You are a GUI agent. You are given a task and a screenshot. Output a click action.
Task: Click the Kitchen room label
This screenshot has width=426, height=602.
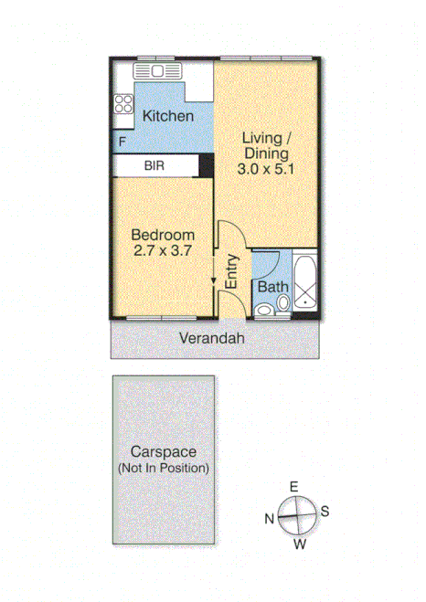pos(167,116)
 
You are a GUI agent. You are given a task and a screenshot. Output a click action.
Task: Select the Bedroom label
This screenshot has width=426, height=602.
pos(162,235)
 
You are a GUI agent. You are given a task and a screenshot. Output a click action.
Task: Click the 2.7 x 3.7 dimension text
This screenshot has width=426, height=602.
pos(162,250)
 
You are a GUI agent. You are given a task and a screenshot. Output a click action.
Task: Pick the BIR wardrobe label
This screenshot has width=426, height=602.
pos(154,165)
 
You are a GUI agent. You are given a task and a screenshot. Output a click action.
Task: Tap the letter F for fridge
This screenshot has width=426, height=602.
pos(122,142)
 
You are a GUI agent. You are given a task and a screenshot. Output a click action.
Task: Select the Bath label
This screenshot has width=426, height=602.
pos(272,287)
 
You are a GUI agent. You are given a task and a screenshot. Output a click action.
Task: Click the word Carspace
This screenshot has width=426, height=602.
pos(163,451)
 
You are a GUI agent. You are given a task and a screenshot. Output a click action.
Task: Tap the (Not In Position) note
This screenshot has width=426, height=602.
pos(163,468)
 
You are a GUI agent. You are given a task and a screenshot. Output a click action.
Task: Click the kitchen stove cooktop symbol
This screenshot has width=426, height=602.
pos(123,104)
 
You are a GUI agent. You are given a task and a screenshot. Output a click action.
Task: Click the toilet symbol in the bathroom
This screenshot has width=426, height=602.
pos(264,309)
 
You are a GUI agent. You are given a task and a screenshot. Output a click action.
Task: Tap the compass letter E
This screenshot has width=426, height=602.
pos(293,487)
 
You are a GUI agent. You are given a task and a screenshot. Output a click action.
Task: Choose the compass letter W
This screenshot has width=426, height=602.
pos(300,545)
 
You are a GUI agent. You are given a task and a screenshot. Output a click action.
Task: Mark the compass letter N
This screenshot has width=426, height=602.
pos(270,519)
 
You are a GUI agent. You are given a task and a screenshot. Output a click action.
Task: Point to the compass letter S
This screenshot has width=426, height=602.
pos(325,512)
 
